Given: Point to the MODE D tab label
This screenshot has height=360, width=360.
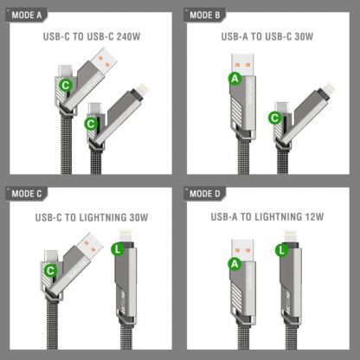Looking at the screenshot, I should point(207,192).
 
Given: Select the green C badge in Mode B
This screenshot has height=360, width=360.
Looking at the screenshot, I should point(276,118).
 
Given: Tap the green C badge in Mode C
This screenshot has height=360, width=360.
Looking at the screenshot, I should point(51,271).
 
